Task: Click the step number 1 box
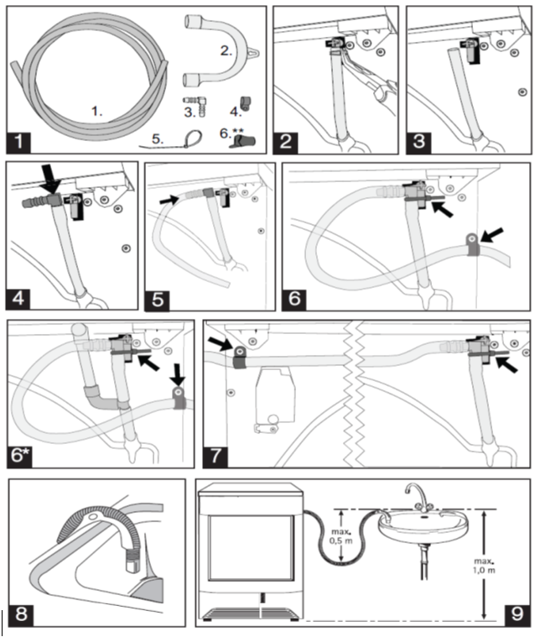coord(18,142)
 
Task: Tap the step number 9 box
coord(517,614)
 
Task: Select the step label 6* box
coord(20,456)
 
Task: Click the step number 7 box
coord(216,456)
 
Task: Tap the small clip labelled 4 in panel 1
coord(246,103)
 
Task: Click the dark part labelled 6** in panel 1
coord(242,142)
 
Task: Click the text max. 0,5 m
coord(340,536)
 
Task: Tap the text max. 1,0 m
coord(484,566)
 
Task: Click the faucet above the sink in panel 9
coord(418,497)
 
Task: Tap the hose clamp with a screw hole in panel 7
coord(240,357)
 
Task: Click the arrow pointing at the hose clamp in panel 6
coord(491,235)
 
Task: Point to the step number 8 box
coord(21,614)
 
